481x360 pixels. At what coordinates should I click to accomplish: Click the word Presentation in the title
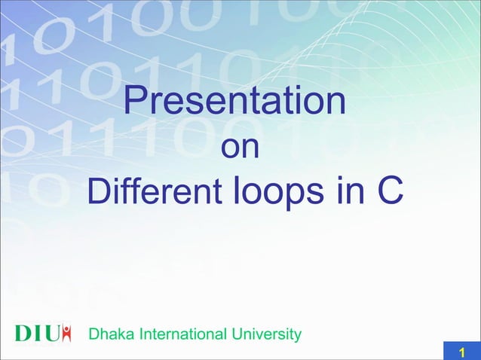tap(234, 102)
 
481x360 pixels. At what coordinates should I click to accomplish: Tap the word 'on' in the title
tap(240, 148)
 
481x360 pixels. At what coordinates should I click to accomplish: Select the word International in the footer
tap(176, 334)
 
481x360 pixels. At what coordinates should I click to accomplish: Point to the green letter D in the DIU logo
tap(24, 334)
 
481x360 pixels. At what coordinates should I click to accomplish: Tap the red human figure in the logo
tap(67, 333)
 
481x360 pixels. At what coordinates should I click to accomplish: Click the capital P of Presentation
tap(134, 102)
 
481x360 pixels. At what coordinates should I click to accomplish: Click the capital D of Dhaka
tap(93, 334)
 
